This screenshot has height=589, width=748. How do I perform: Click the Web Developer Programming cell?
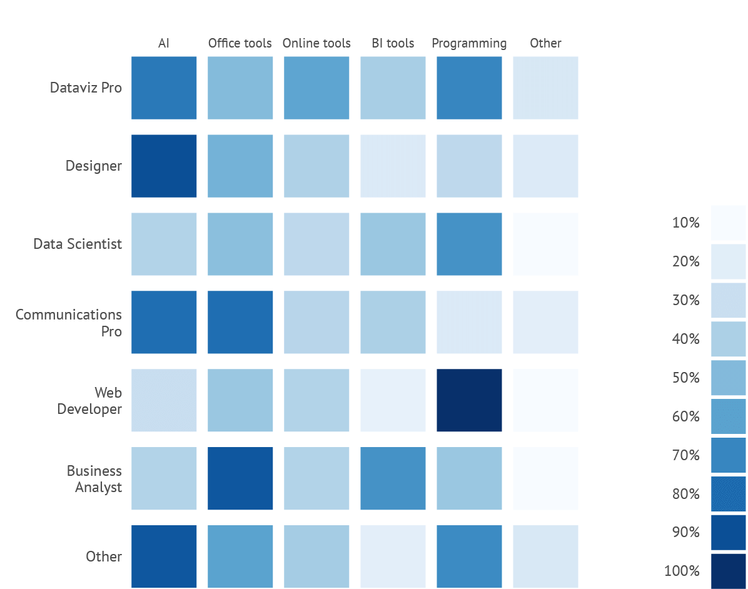point(469,400)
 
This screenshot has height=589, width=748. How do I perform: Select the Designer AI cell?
point(164,166)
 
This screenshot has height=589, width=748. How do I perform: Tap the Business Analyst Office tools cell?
point(240,478)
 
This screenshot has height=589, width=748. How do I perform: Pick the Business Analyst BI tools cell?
point(393,478)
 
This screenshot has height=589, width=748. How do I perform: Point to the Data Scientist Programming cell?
point(469,244)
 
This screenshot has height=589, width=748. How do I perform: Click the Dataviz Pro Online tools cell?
point(316,88)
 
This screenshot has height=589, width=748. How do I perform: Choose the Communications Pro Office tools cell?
point(240,322)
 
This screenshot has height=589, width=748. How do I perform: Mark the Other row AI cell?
point(164,556)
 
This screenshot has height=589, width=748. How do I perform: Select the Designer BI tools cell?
point(393,166)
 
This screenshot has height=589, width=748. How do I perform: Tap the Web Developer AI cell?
point(164,400)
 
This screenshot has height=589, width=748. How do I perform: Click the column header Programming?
point(469,43)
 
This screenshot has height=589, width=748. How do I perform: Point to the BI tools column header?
point(393,43)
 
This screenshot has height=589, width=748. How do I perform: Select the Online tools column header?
point(316,43)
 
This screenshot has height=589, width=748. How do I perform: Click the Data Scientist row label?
point(78,244)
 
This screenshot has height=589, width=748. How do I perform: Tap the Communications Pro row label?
point(69,323)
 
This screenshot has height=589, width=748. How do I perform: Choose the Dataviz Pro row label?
point(86,88)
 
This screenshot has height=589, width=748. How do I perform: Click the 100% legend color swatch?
point(728,571)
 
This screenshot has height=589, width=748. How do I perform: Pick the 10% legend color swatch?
point(728,223)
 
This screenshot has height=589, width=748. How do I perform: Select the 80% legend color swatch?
point(728,494)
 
